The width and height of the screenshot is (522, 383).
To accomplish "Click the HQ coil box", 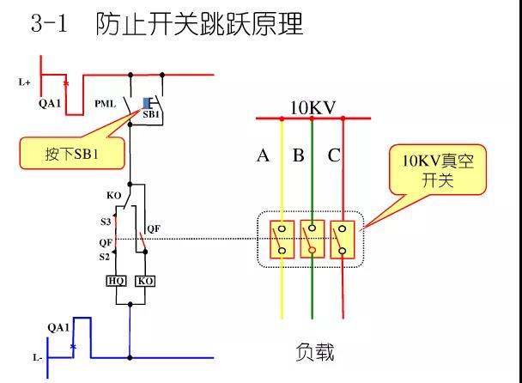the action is click(116, 281).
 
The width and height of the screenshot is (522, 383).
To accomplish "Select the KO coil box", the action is click(145, 281).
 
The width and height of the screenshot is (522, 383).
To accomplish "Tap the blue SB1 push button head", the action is click(146, 103).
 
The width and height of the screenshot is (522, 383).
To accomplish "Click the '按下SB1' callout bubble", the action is click(72, 153).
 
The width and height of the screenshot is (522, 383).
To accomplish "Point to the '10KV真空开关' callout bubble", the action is click(438, 170).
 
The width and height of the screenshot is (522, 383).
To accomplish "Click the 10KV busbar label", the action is click(313, 108).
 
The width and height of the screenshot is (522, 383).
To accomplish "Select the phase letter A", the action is click(263, 155).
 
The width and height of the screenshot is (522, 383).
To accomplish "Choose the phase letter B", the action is click(298, 155).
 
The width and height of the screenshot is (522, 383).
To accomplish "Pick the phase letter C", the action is click(334, 155).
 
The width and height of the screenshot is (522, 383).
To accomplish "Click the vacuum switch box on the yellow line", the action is click(282, 239).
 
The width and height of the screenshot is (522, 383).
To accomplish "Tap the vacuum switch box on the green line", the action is click(313, 239).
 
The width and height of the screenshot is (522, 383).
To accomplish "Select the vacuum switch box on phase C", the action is click(343, 239).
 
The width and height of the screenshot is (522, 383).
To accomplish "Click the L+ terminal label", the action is click(24, 82).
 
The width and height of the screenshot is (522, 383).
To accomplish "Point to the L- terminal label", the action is click(37, 358).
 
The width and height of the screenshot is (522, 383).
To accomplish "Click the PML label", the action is click(106, 104).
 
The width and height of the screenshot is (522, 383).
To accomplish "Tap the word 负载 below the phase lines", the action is click(314, 352).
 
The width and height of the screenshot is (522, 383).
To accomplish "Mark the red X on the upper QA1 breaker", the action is click(66, 83).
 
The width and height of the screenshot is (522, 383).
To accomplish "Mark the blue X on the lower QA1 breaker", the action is click(73, 347).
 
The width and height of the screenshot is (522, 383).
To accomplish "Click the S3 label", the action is click(106, 222).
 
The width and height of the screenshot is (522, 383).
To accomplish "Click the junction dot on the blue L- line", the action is click(130, 358).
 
